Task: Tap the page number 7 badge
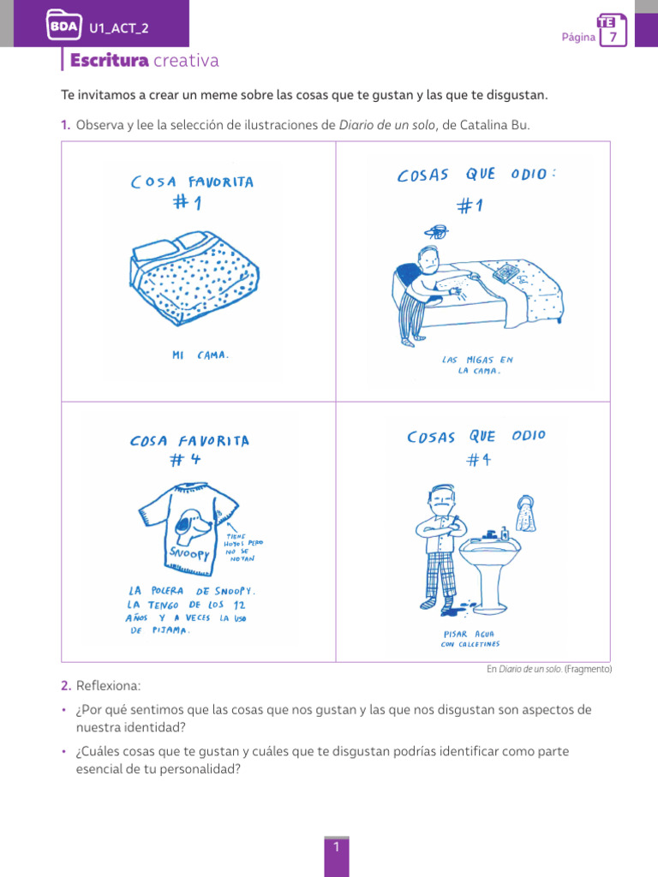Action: coord(613,37)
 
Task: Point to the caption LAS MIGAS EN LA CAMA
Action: coord(472,365)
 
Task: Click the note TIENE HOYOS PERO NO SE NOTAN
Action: coord(244,545)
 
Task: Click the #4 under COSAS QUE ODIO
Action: coord(477,460)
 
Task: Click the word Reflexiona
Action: coord(106,686)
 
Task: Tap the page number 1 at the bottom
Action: coord(337,847)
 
